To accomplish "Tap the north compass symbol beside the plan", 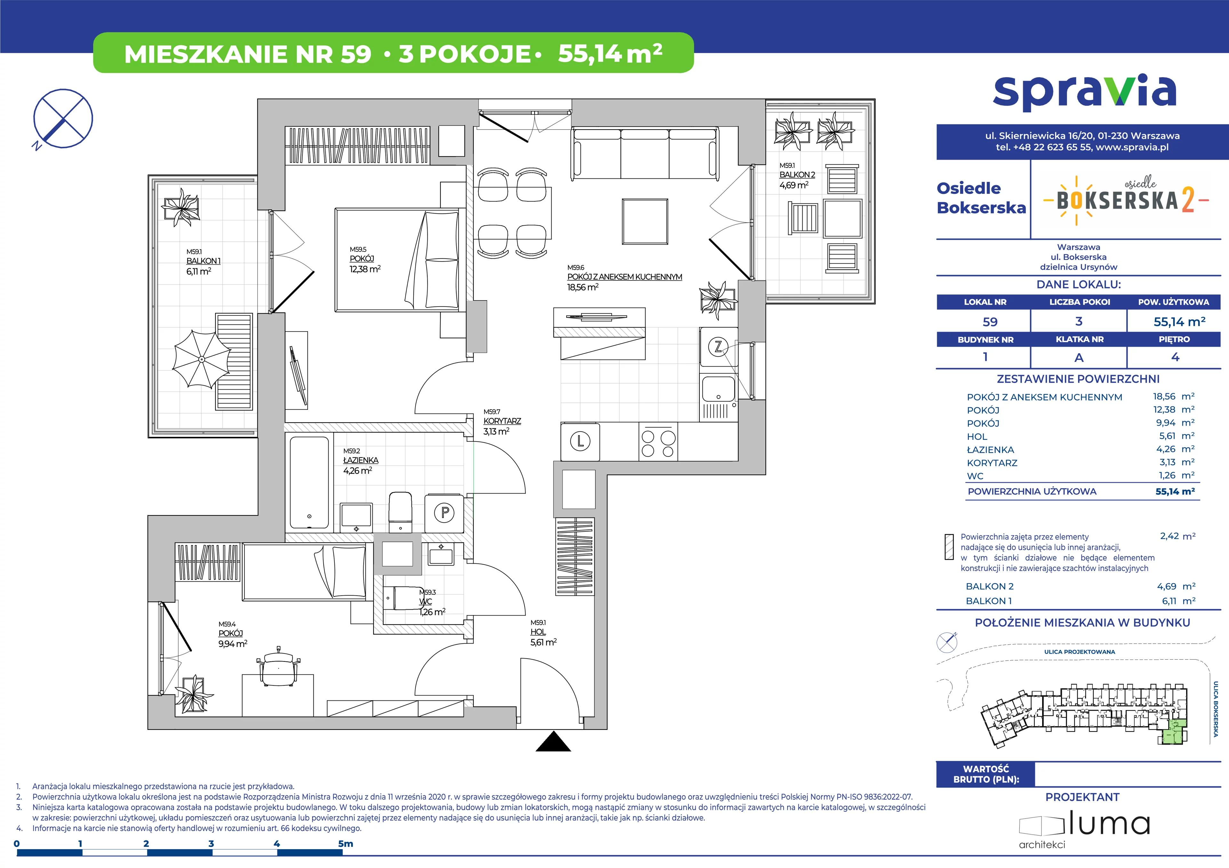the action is tap(63, 119).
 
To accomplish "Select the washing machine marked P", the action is tap(444, 513).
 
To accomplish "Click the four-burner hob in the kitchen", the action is tap(658, 441).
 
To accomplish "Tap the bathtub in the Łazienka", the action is tap(309, 483).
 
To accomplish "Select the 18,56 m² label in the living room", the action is tap(582, 287).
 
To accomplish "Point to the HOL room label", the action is tap(538, 632).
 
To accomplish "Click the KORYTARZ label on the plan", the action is tap(502, 421).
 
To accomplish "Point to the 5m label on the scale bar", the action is tap(346, 843).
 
